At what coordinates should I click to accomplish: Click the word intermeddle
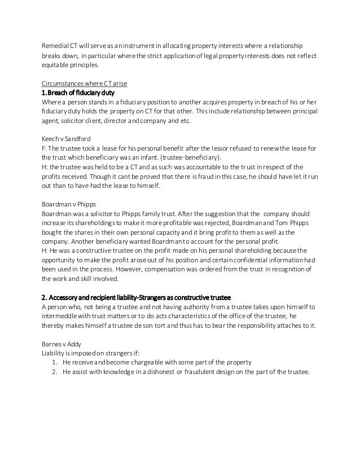tap(60, 316)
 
